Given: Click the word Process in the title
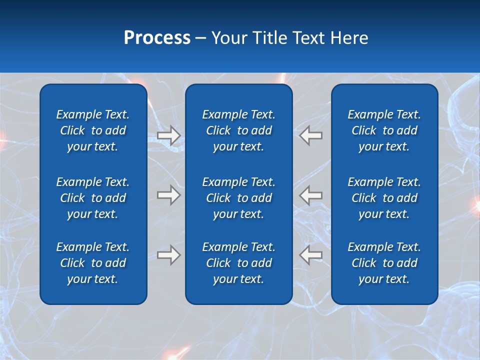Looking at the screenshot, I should [x=157, y=38].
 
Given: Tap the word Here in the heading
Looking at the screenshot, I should [x=349, y=38].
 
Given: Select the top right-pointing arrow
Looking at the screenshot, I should [x=169, y=135].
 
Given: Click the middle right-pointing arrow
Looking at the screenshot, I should [x=169, y=195].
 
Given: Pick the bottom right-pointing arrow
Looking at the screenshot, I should [x=169, y=255].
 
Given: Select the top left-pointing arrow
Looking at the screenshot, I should [x=311, y=135].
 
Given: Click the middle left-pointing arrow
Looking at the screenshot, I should [x=311, y=195].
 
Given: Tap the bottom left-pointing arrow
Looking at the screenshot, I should [x=311, y=255].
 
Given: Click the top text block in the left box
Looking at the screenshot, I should [x=93, y=130].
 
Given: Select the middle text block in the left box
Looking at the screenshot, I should [x=93, y=198].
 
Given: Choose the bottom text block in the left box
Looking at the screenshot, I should [x=93, y=263].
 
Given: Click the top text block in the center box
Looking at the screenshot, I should [x=238, y=130].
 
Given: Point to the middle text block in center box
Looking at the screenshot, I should [x=238, y=198].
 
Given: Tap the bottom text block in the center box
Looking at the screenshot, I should [x=238, y=263].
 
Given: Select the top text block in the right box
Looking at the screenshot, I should [x=384, y=130].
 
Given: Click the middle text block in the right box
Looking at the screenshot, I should [x=384, y=198].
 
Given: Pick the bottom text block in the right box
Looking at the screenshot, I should [x=384, y=263].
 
